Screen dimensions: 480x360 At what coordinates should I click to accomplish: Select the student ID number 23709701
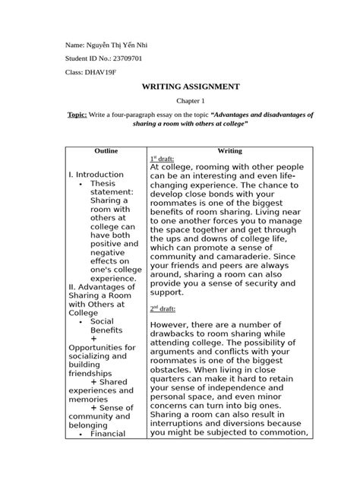(120, 58)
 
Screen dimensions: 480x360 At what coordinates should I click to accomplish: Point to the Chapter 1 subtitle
(191, 100)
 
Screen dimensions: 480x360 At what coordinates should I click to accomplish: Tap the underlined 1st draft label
(163, 158)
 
